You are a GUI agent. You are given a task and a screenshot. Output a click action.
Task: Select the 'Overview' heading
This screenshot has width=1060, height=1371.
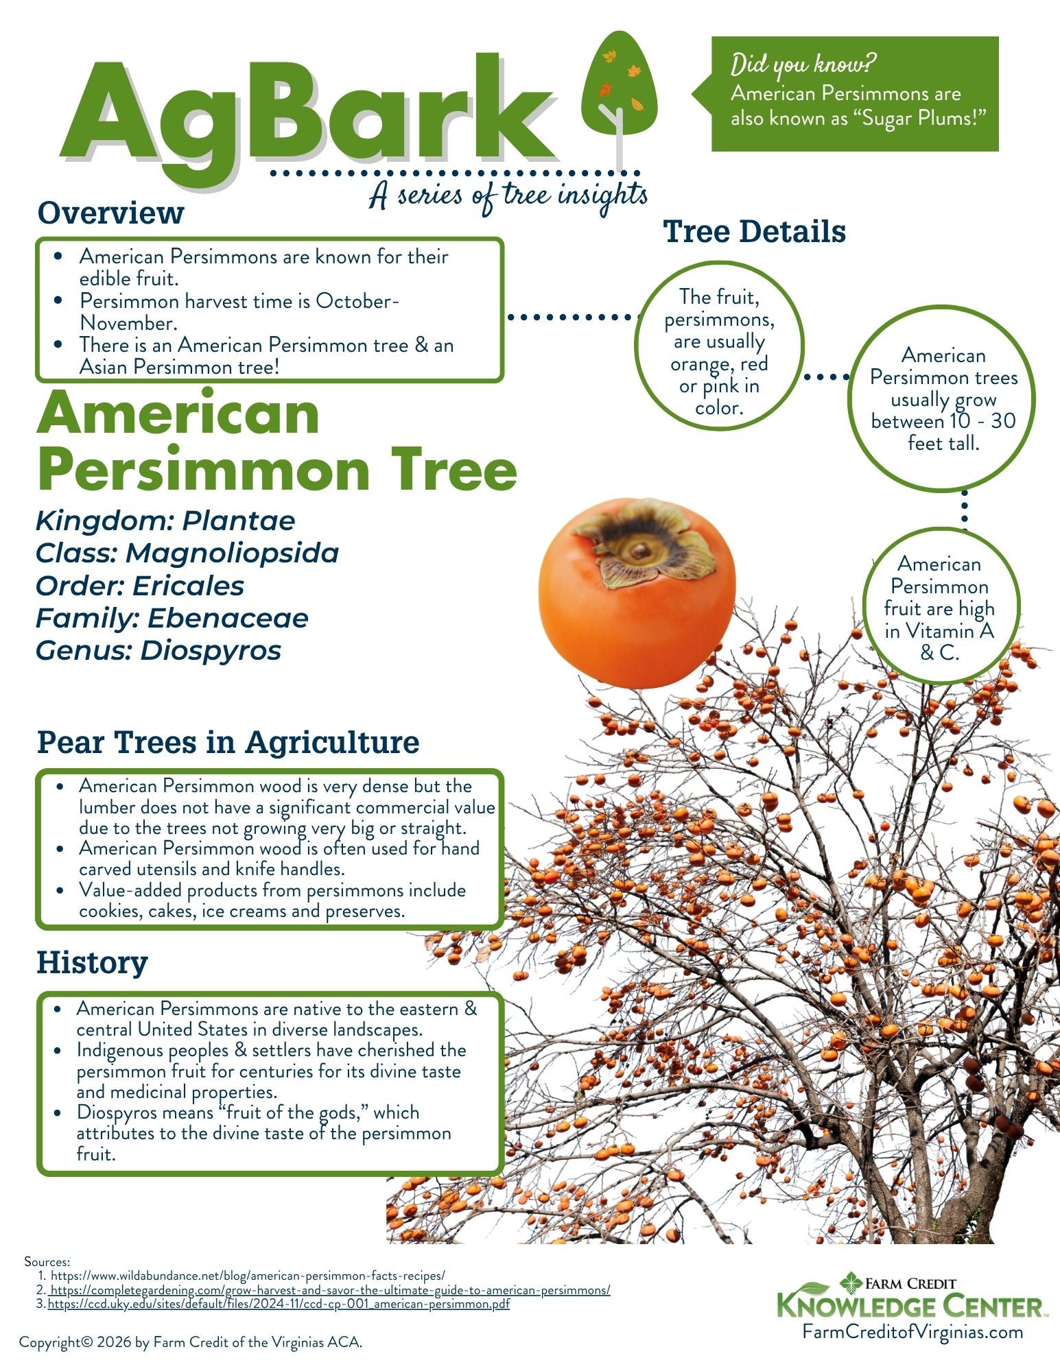(110, 213)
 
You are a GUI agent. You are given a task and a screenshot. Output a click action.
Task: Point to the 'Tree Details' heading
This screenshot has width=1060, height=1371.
(754, 232)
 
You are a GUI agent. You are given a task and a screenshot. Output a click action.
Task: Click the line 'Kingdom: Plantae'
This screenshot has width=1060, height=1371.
(165, 521)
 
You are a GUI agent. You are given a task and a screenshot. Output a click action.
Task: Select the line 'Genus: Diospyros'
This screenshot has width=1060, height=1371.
(158, 650)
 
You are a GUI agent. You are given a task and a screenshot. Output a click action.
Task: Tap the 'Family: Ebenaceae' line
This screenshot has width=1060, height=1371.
(172, 618)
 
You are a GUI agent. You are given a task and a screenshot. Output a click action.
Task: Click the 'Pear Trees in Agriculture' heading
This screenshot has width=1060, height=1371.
(228, 742)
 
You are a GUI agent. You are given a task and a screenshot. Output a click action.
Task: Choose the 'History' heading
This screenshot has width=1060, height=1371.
(92, 962)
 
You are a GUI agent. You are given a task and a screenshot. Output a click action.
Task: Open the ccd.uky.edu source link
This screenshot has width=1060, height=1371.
(279, 1304)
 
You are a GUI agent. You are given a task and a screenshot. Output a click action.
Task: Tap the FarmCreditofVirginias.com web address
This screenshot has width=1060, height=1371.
(913, 1331)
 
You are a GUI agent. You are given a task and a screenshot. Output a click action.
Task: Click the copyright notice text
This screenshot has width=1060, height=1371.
(191, 1342)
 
